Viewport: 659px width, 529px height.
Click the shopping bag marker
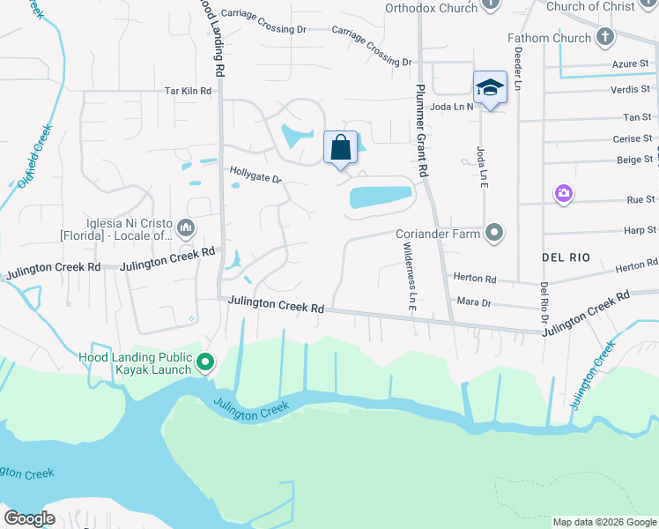(340, 148)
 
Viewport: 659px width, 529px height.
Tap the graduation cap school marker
(490, 87)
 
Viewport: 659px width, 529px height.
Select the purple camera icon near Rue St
(563, 193)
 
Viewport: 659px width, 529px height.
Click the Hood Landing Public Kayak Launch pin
(205, 361)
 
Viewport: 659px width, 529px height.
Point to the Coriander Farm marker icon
(495, 233)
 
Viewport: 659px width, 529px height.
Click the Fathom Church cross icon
(604, 38)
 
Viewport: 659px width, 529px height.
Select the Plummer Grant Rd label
(422, 131)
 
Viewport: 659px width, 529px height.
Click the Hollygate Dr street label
(255, 175)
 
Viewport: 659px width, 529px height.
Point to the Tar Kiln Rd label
(189, 91)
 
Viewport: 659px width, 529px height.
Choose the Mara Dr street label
(474, 302)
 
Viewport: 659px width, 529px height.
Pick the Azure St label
(631, 64)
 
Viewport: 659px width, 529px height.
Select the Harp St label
(634, 231)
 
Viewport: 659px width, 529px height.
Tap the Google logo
(30, 518)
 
